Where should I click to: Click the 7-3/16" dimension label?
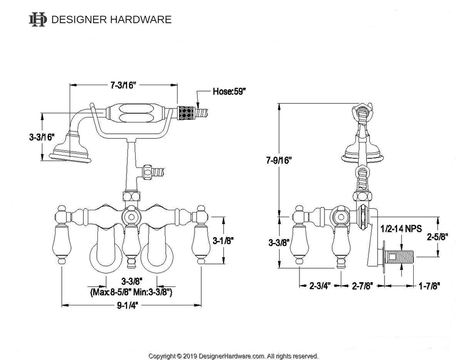click(123, 85)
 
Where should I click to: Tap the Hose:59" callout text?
click(229, 91)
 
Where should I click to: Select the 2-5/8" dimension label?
click(437, 236)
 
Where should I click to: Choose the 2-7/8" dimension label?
click(363, 286)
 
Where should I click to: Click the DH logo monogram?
click(38, 19)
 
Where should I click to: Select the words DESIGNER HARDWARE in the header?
click(111, 19)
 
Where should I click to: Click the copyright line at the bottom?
click(233, 355)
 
